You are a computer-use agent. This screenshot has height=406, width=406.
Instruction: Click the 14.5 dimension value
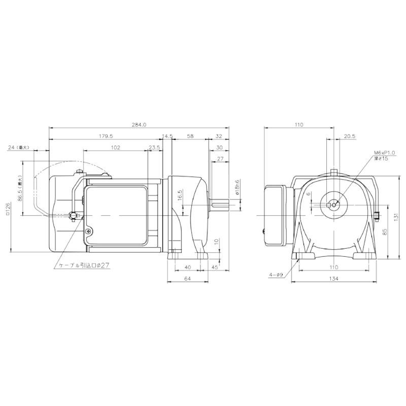[167, 136]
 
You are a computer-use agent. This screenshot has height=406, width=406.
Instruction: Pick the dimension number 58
[190, 136]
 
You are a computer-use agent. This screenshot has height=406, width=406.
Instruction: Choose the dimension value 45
[214, 267]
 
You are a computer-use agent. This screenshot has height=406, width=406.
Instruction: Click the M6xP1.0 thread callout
[384, 152]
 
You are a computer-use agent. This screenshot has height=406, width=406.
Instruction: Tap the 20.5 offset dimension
[350, 136]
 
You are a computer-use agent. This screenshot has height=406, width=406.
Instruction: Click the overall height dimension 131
[396, 216]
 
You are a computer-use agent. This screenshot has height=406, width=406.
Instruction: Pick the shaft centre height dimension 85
[385, 231]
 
